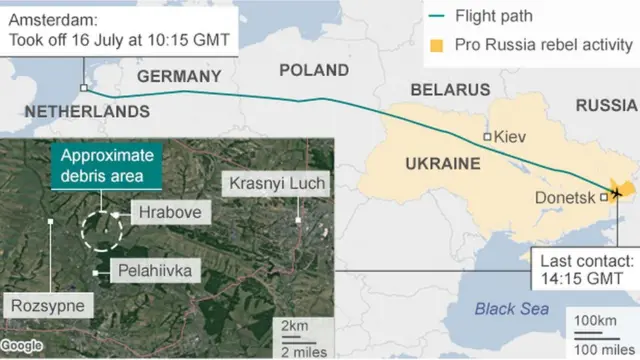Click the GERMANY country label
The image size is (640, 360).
click(x=179, y=76)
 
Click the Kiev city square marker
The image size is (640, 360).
click(x=487, y=137)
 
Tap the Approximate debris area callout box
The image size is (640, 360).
click(x=108, y=166)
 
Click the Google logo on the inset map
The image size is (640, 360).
click(x=23, y=345)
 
